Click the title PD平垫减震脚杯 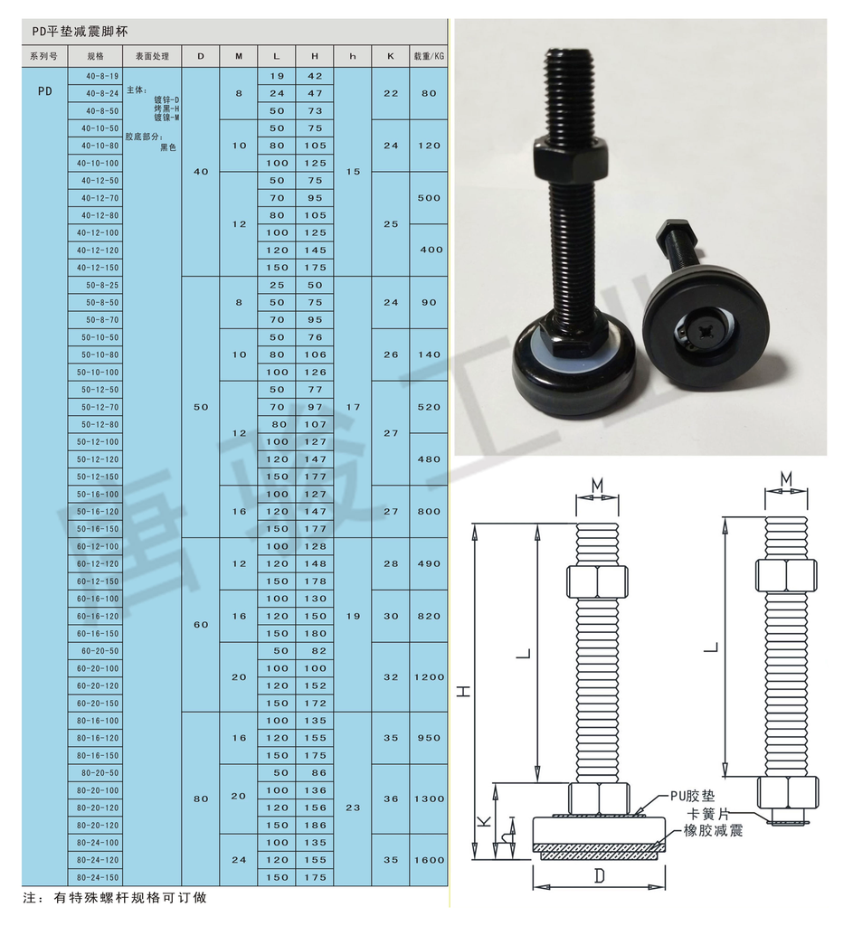[x=80, y=32]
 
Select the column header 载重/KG [x=429, y=57]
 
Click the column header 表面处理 [x=152, y=57]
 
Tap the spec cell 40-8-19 [x=101, y=76]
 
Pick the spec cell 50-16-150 [x=98, y=529]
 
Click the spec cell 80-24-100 [x=98, y=843]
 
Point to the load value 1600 [x=429, y=860]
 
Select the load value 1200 [x=429, y=676]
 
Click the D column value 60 [x=201, y=625]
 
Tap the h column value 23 [x=353, y=808]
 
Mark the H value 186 [x=315, y=825]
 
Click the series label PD [x=45, y=91]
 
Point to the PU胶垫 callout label [x=692, y=796]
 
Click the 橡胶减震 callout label [x=713, y=830]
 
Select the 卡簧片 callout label [x=708, y=813]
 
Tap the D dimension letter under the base [x=599, y=875]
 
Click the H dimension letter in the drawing [x=466, y=690]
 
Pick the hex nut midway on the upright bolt [x=571, y=156]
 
